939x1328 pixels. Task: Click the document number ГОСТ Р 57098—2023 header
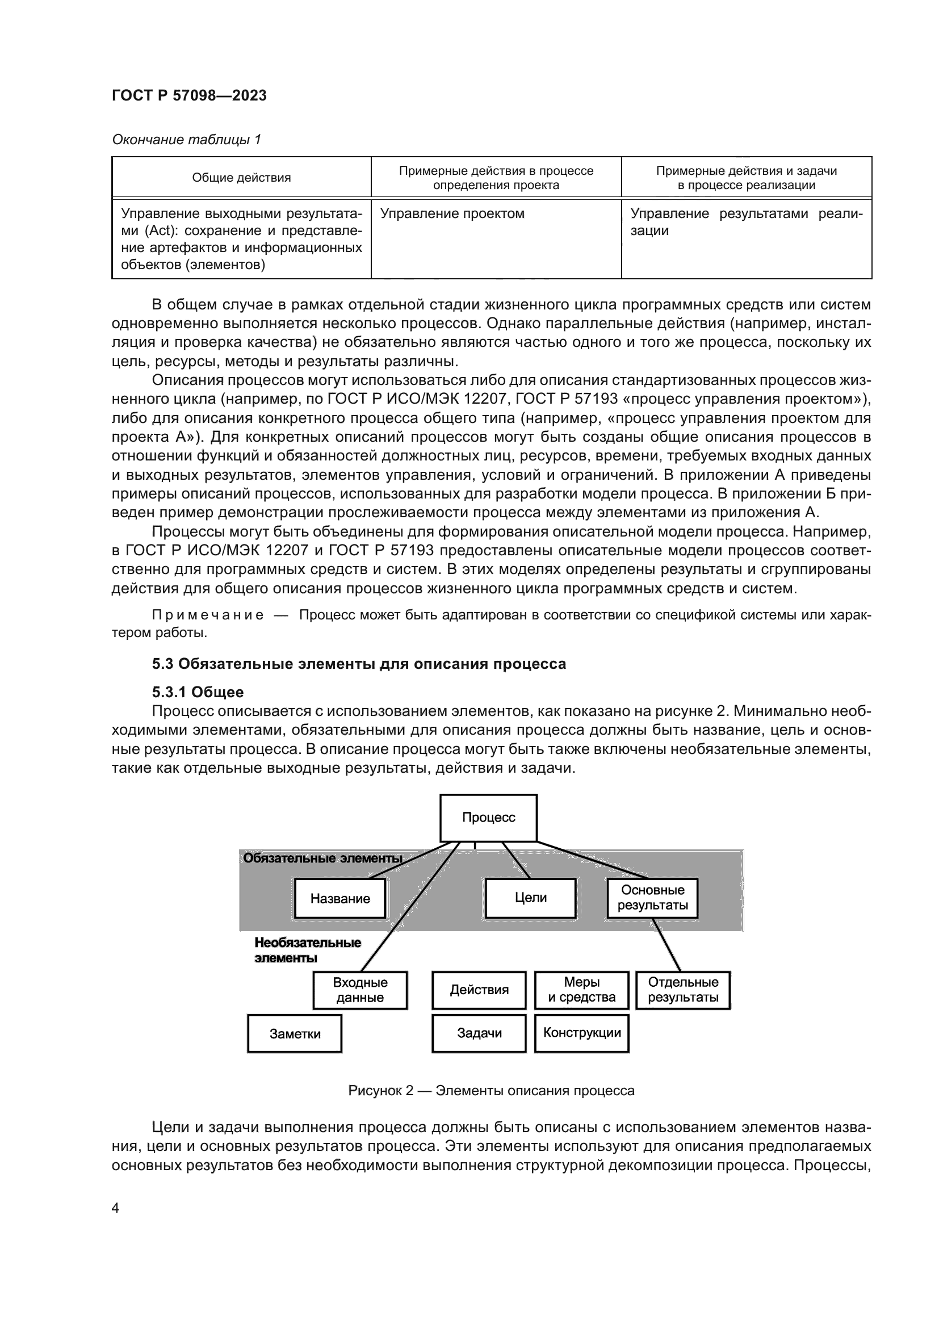tap(189, 95)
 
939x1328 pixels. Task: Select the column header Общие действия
tap(241, 178)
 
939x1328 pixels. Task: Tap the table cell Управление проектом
tap(452, 213)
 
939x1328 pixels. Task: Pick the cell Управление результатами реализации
tap(745, 222)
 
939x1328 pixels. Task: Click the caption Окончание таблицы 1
tap(186, 140)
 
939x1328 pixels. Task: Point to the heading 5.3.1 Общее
tap(198, 692)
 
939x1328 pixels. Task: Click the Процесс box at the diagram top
tap(488, 817)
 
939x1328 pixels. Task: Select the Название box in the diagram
tap(340, 898)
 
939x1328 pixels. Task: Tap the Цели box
tap(530, 898)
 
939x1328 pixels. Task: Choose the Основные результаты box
tap(652, 898)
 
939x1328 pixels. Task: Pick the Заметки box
tap(294, 1033)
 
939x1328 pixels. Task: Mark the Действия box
tap(479, 990)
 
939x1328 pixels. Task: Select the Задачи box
tap(479, 1033)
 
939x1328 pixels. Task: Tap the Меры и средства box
tap(581, 990)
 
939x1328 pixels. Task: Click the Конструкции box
tap(581, 1033)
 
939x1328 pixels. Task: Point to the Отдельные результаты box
tap(683, 990)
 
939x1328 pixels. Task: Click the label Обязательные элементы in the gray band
tap(322, 858)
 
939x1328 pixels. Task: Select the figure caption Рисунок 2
tap(491, 1091)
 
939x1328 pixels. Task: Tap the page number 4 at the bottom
tap(115, 1208)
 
